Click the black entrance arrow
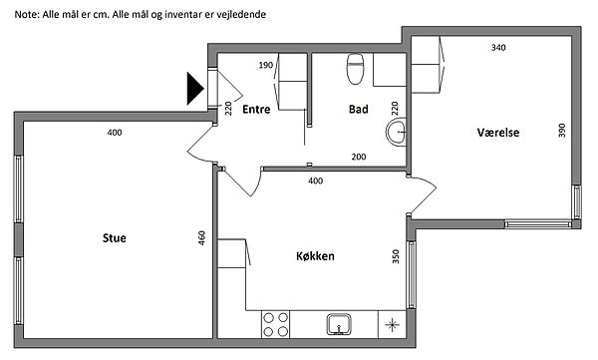194,89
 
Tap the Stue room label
114,238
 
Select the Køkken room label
315,255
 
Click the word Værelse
498,133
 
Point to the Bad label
359,109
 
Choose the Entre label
256,109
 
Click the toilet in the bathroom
355,69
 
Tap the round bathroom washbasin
396,132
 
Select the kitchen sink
339,324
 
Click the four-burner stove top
275,324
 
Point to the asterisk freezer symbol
392,325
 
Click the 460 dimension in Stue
202,237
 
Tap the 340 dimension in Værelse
498,47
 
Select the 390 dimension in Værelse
562,131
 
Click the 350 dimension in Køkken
396,256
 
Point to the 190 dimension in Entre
266,65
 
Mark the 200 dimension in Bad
359,157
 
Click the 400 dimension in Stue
115,133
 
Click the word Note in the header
27,15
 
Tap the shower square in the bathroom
390,70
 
